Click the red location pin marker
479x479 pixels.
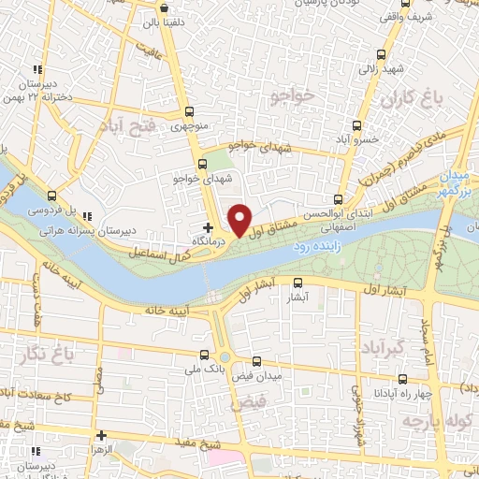click(239, 219)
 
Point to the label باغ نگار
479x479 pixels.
click(41, 352)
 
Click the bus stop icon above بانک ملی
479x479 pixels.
click(204, 355)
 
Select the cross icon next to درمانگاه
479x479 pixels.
click(208, 227)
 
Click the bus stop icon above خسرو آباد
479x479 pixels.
click(356, 124)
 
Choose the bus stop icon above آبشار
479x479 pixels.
click(298, 283)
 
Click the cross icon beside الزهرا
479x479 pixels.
click(100, 435)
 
